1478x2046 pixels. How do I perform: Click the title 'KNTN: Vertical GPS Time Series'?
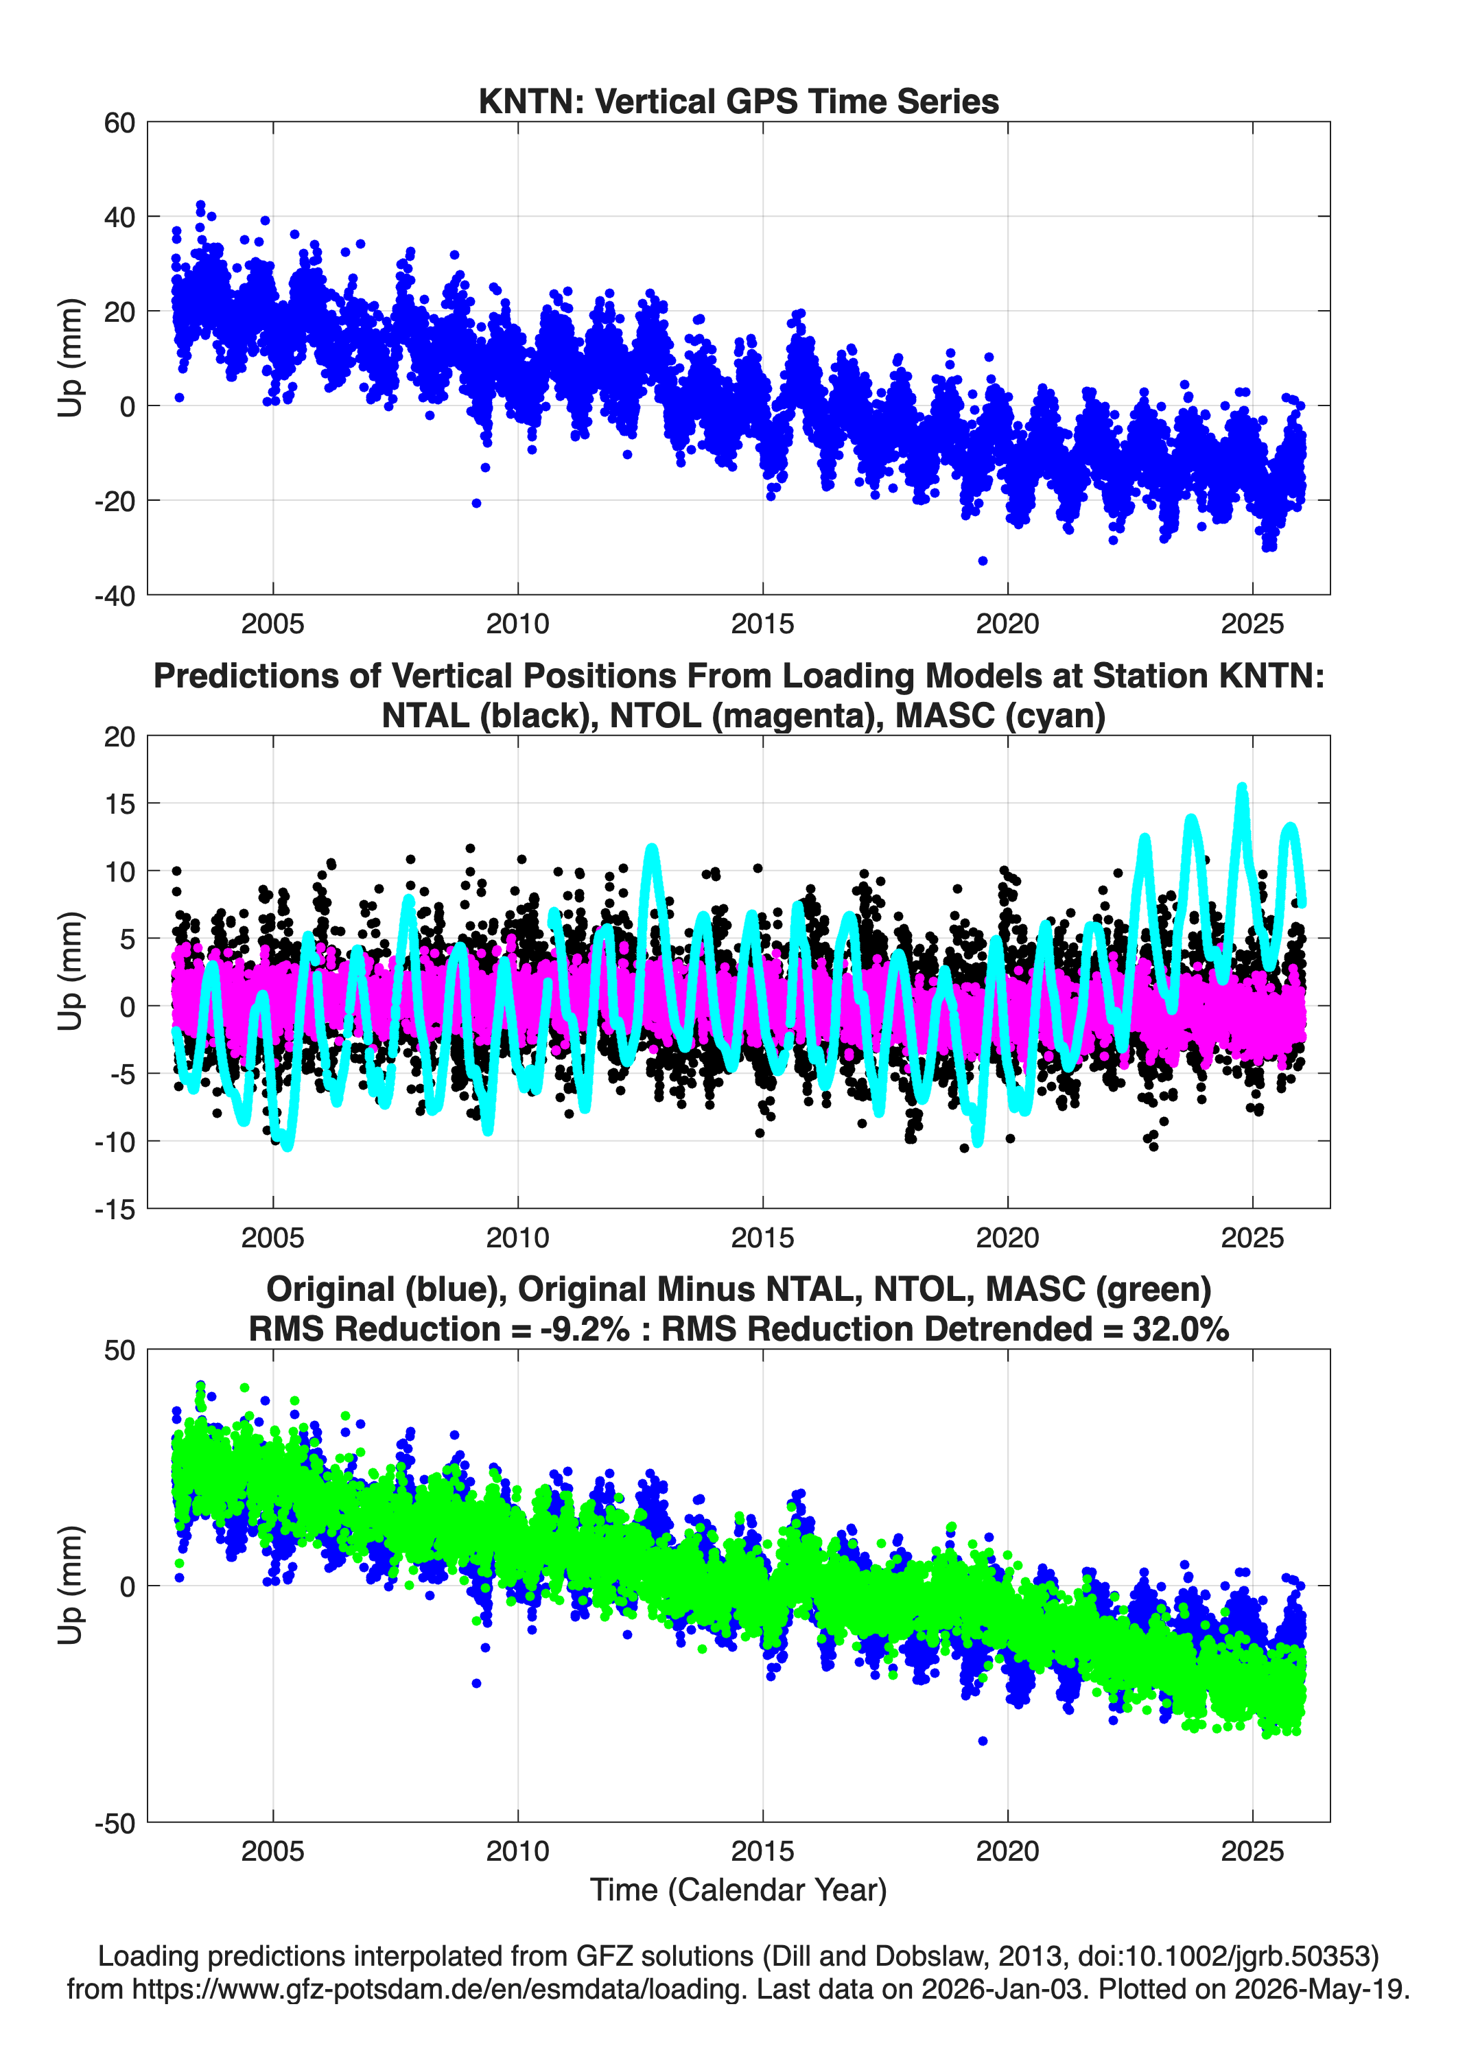[738, 101]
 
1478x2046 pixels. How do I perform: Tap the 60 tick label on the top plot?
[119, 123]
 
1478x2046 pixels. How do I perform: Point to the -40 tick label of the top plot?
[114, 596]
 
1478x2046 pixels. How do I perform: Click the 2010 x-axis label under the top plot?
[518, 624]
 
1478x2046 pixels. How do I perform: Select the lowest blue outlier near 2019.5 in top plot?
[983, 561]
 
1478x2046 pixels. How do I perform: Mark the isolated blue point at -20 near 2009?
[476, 504]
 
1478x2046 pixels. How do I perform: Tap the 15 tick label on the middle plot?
[119, 803]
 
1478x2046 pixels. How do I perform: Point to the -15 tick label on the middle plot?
[114, 1209]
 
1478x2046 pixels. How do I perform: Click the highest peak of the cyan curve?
[1241, 788]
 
